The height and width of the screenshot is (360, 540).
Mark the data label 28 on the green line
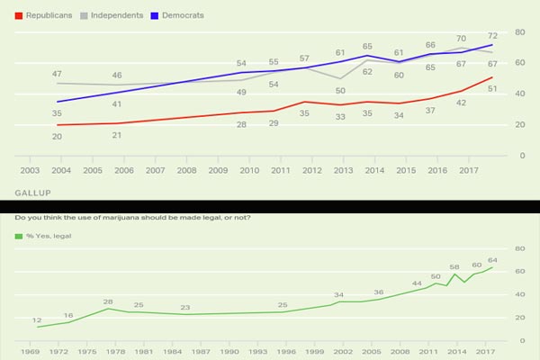[107, 301]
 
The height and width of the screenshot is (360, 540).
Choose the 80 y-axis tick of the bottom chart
[518, 249]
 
